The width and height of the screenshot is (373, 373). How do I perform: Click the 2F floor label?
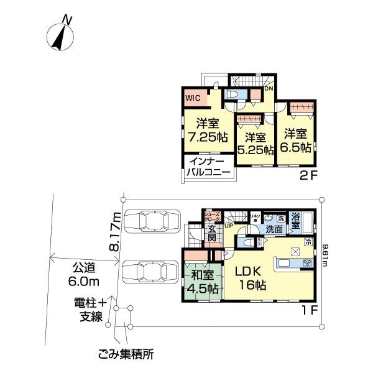309,175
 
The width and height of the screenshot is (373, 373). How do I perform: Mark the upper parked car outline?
151,221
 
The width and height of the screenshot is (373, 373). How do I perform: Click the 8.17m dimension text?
114,229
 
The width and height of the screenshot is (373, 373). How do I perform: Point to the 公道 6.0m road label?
83,275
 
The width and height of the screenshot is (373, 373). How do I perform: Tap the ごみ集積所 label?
126,355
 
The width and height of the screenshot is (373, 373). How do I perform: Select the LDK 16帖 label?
251,278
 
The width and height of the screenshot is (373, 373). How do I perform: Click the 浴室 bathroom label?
297,221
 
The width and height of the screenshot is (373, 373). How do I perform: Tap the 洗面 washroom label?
274,229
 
